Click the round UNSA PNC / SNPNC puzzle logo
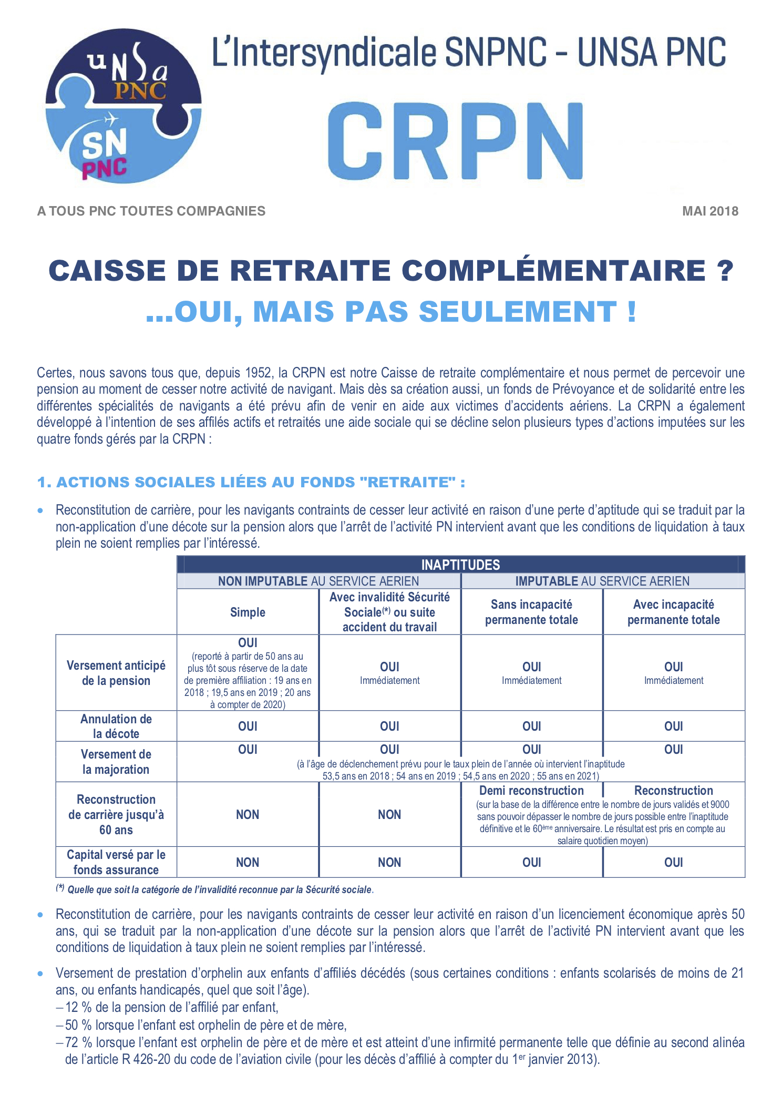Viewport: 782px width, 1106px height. (x=124, y=106)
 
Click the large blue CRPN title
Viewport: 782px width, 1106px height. (x=455, y=141)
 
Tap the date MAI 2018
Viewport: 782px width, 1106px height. (x=710, y=211)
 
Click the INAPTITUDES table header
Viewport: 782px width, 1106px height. (x=460, y=565)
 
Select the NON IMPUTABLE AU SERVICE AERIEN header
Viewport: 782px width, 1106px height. (x=318, y=581)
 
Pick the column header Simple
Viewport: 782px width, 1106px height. (x=248, y=612)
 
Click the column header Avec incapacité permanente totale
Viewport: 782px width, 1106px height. (x=673, y=612)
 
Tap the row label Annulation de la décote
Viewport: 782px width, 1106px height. (x=116, y=726)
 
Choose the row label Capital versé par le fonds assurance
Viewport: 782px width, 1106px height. (x=116, y=862)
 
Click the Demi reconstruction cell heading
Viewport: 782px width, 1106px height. (x=531, y=791)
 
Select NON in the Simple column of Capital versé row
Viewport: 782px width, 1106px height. (x=248, y=862)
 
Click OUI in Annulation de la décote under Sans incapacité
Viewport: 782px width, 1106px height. (x=531, y=726)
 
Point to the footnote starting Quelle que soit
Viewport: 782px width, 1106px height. (x=220, y=890)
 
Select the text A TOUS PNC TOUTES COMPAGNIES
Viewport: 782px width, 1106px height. (x=151, y=211)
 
